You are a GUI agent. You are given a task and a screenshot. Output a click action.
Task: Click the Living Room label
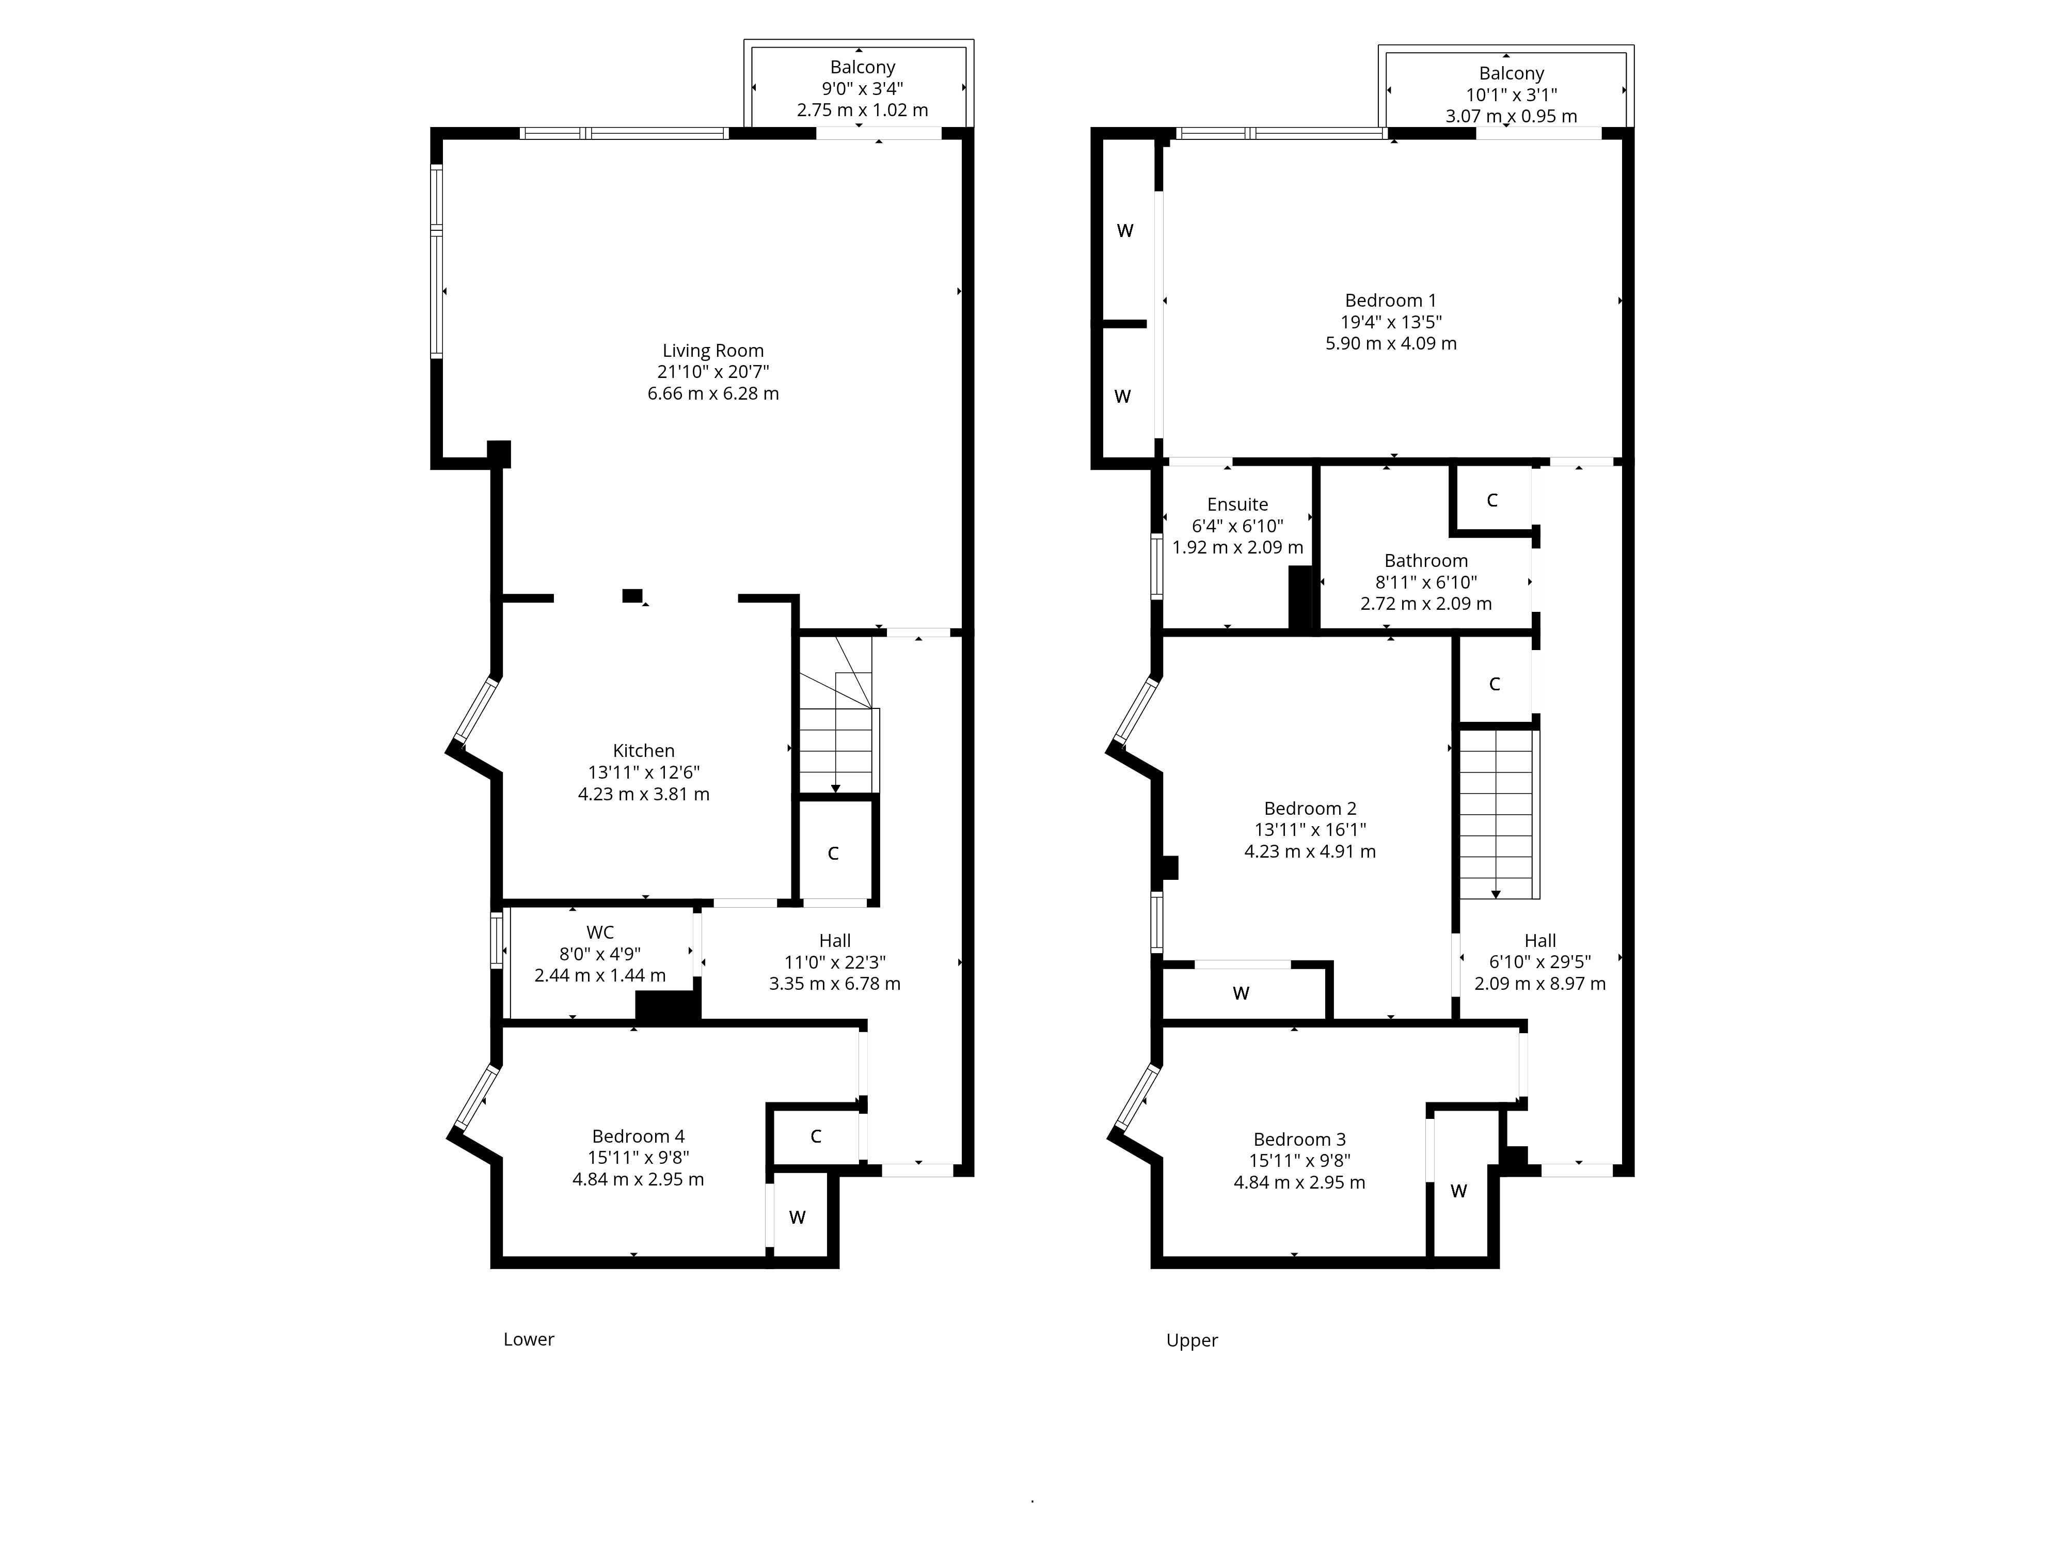tap(713, 351)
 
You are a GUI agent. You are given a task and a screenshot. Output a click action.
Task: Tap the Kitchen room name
tap(643, 751)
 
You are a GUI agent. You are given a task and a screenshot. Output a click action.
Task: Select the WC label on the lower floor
tap(600, 932)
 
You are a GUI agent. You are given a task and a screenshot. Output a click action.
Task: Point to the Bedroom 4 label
tap(639, 1136)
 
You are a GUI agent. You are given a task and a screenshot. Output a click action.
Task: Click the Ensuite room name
tap(1238, 504)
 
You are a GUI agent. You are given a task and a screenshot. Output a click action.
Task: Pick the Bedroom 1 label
tap(1391, 301)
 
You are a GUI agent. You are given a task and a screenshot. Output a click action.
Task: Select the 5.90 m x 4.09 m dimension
tap(1391, 343)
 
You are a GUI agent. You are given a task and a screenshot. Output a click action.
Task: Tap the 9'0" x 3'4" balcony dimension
tap(863, 89)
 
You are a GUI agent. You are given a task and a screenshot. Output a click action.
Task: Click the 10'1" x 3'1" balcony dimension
tap(1512, 94)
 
